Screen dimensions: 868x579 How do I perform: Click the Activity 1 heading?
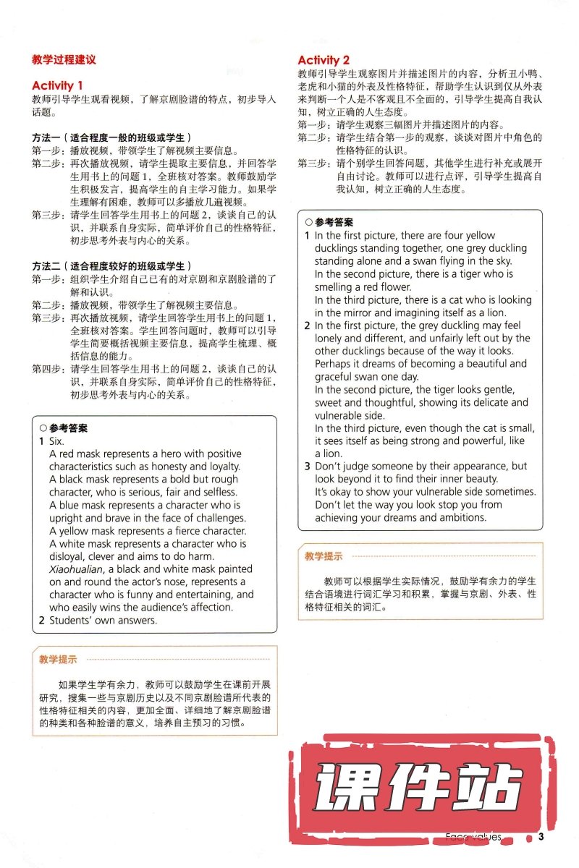coord(62,85)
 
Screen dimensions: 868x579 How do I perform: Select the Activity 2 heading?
coord(324,60)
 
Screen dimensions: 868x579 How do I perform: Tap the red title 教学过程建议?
coord(64,59)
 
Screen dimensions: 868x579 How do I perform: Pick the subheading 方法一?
coord(48,137)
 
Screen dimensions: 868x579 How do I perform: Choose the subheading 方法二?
coord(48,265)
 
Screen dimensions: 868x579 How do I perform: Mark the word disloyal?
coord(69,556)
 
